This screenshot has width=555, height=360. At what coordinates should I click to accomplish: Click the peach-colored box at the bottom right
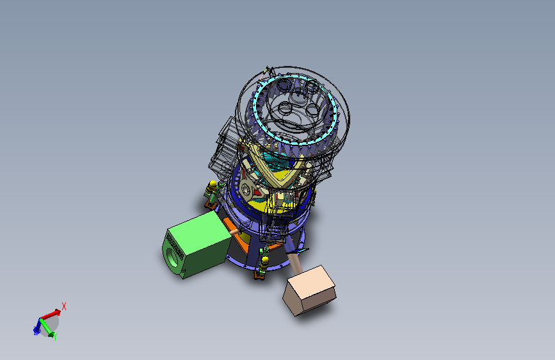tap(310, 290)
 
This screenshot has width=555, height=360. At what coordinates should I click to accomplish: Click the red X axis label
tap(64, 306)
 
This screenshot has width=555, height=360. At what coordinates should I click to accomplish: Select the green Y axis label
tap(56, 336)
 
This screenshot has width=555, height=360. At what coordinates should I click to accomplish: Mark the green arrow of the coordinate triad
tap(49, 329)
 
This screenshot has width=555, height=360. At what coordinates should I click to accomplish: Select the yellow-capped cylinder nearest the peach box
tap(264, 262)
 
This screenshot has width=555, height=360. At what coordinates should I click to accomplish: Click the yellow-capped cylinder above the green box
tap(212, 189)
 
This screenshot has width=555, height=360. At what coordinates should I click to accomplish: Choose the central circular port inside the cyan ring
tap(298, 103)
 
